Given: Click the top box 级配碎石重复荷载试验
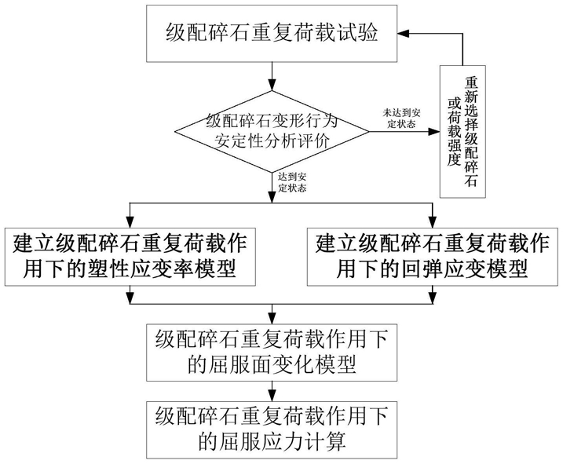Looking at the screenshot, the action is [x=272, y=34].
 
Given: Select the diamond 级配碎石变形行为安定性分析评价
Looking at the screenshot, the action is [x=272, y=131].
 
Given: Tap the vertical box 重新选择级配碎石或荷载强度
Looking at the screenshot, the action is [x=462, y=131].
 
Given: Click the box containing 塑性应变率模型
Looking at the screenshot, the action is [x=130, y=257].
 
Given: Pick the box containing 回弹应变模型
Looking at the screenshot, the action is [x=433, y=257].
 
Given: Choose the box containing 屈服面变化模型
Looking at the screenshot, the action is [x=272, y=353].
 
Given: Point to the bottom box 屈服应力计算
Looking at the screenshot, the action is [x=272, y=430].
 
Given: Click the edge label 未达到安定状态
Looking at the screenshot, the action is [x=401, y=118].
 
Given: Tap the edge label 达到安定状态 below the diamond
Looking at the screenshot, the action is [x=292, y=182].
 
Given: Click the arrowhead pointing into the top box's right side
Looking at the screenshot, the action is [x=403, y=34].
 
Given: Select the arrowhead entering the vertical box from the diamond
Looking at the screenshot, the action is [x=434, y=131].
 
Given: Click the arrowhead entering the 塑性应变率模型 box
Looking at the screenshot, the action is [x=130, y=222].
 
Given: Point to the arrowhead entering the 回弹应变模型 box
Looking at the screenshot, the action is [x=433, y=222].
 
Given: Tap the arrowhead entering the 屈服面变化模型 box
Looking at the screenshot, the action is [x=272, y=318].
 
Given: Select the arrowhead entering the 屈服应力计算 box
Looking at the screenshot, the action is [x=272, y=396].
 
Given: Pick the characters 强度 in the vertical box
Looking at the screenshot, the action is [x=454, y=152].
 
